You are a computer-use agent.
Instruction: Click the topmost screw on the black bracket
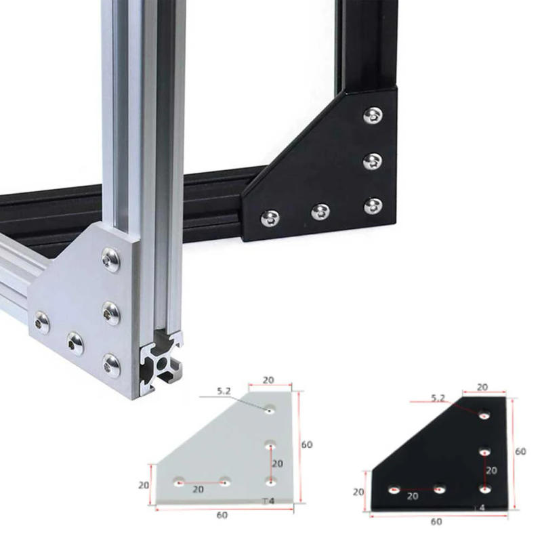(x=372, y=116)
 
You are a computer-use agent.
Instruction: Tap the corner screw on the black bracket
(x=373, y=206)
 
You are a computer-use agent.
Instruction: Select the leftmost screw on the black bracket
(x=270, y=217)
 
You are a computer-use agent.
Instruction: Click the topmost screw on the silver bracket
(x=111, y=259)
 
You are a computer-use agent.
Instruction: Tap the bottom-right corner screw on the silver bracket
(x=112, y=365)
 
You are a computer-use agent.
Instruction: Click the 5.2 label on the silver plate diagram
(x=225, y=391)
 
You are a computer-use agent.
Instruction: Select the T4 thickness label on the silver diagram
(x=268, y=501)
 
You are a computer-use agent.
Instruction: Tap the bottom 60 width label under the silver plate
(x=222, y=515)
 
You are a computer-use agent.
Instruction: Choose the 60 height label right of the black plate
(x=520, y=451)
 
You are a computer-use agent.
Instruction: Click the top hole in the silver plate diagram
(x=270, y=410)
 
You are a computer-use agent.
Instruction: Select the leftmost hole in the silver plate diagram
(x=179, y=482)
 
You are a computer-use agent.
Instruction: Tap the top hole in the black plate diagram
(x=484, y=415)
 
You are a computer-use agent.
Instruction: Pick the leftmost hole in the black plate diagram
(x=394, y=489)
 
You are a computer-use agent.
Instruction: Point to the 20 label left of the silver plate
(x=143, y=485)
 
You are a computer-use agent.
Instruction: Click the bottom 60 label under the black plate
(x=437, y=522)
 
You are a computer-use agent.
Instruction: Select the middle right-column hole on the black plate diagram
(x=484, y=452)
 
